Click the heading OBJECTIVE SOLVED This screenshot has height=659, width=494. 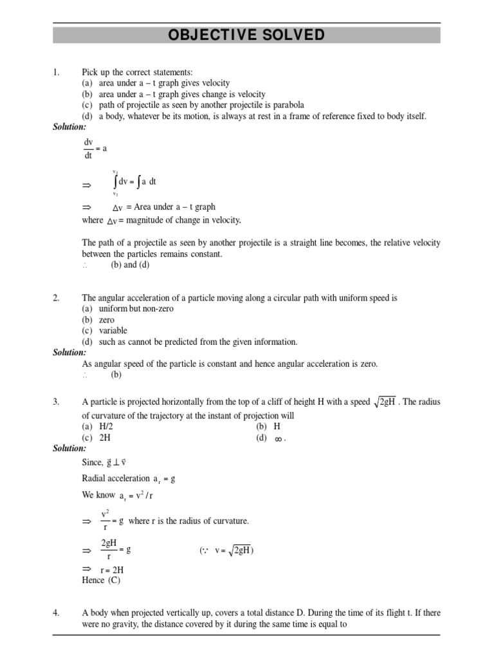[x=246, y=35]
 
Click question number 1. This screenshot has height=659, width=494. [x=56, y=73]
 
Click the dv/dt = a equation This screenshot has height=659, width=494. [x=95, y=148]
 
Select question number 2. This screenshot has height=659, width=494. [x=56, y=299]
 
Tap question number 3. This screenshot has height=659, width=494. [x=56, y=402]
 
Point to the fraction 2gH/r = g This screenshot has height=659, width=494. [x=116, y=550]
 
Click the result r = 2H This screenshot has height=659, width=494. [x=112, y=570]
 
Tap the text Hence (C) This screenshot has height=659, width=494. [x=101, y=580]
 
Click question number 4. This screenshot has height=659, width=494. [x=56, y=613]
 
